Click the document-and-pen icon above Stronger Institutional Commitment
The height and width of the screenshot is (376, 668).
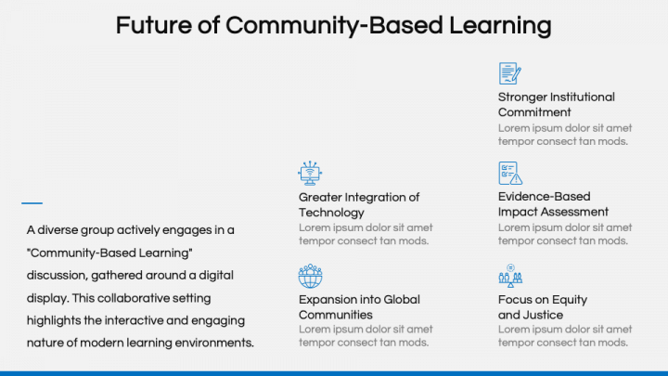click(510, 73)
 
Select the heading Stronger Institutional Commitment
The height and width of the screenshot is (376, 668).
click(556, 105)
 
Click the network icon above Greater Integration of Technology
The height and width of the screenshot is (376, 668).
click(310, 174)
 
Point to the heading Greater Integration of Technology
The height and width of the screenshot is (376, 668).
click(358, 205)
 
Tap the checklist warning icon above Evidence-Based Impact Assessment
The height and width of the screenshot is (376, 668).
click(510, 174)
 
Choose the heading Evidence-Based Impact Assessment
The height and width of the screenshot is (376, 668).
click(553, 205)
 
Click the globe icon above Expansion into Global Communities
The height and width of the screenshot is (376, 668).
click(310, 276)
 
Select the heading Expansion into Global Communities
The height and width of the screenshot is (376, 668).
click(358, 307)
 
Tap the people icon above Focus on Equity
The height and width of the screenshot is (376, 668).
click(510, 276)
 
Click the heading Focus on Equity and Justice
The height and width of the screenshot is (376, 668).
click(542, 307)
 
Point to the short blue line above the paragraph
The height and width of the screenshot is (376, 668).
click(32, 202)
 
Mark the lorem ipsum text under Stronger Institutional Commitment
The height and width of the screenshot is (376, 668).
click(564, 135)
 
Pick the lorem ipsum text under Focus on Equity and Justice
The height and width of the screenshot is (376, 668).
click(564, 336)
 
